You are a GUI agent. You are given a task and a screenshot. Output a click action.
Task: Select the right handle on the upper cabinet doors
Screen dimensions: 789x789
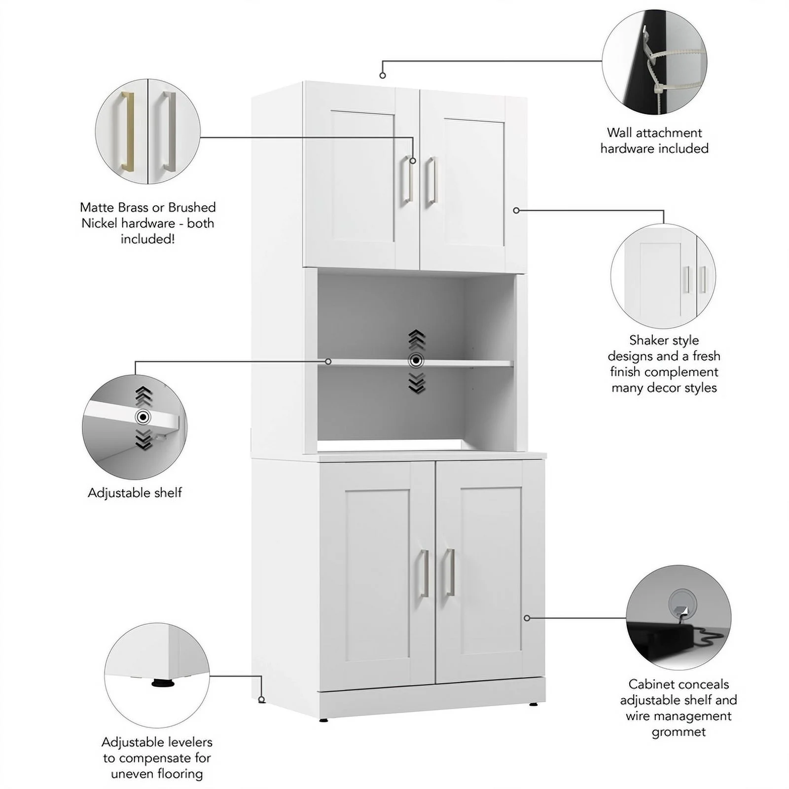431,180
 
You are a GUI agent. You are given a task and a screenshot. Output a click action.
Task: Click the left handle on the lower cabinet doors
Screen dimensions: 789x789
424,573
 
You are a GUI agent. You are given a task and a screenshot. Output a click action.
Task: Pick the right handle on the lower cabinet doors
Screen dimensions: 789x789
449,572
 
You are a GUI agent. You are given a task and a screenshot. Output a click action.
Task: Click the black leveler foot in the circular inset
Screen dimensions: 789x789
163,683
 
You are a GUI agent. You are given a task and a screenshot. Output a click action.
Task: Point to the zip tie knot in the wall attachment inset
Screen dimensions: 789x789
658,89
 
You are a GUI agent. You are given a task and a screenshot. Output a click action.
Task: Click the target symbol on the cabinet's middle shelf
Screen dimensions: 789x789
416,361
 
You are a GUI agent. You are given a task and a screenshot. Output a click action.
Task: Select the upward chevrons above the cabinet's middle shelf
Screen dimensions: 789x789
417,340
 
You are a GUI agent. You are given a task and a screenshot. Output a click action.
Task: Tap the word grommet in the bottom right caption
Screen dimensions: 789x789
679,732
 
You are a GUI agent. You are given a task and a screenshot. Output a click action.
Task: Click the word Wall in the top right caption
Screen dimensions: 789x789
619,133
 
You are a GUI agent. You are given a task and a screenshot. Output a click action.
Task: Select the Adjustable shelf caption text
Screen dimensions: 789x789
135,493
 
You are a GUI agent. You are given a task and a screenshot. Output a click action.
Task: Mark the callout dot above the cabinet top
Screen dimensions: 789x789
383,75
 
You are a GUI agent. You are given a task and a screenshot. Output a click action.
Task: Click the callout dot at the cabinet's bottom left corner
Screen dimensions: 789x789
261,700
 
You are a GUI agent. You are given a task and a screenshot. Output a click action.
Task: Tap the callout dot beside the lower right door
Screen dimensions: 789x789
527,618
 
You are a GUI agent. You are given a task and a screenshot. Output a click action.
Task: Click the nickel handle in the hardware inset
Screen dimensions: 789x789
169,131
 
